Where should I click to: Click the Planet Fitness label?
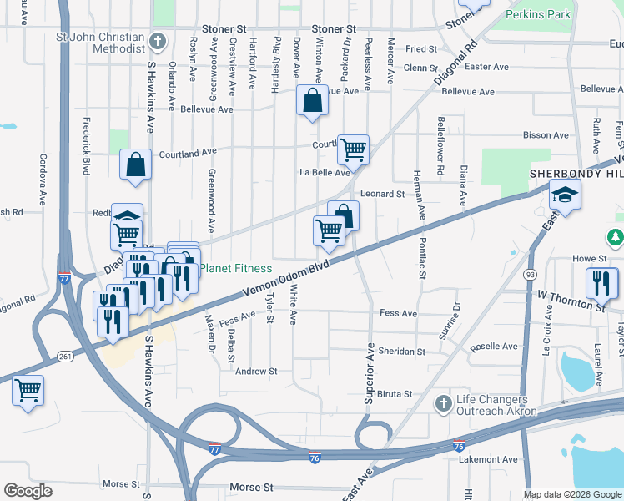[x=235, y=268]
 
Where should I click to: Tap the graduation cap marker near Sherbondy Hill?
[x=565, y=195]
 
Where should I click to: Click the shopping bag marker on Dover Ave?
[x=311, y=101]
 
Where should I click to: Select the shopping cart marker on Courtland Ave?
[x=353, y=149]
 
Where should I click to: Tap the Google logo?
[x=28, y=491]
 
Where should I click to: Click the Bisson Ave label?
[x=546, y=134]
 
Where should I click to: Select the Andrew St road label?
[x=255, y=371]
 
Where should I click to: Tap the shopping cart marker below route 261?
[x=28, y=390]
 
